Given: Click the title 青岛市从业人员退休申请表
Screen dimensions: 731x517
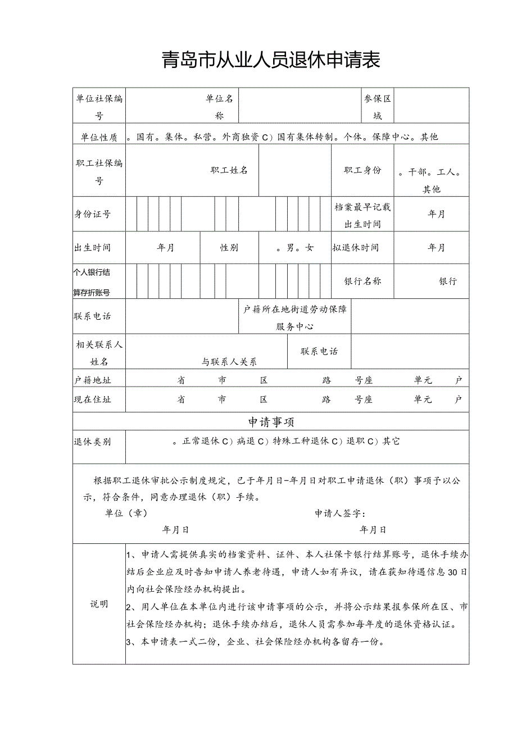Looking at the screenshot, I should [x=271, y=60].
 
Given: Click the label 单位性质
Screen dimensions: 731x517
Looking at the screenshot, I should [x=96, y=137].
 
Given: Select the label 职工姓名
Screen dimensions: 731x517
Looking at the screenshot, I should [x=229, y=170].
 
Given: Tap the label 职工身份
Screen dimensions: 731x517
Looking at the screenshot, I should [x=362, y=170].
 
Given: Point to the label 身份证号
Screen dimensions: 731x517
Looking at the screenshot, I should [x=92, y=214].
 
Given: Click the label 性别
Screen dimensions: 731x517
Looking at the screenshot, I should [x=229, y=248].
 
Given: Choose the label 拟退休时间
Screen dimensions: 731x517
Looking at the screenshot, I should [x=355, y=248].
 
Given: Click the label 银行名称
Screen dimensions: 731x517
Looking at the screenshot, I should [x=362, y=281].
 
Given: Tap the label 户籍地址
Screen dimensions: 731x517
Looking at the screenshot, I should [x=93, y=380].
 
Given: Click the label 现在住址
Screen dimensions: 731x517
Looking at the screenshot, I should [x=93, y=399].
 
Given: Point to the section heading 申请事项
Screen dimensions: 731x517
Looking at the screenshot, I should [x=271, y=422].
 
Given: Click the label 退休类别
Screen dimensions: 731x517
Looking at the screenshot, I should [x=93, y=442].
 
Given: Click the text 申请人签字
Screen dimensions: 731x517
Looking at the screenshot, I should [x=340, y=514].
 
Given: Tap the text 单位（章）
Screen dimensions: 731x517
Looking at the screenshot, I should [x=126, y=514].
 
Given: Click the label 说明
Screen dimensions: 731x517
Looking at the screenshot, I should [x=99, y=604].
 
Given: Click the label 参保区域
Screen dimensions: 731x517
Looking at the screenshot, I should [x=378, y=107].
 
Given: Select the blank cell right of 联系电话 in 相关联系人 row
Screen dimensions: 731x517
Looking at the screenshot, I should [x=410, y=352].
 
